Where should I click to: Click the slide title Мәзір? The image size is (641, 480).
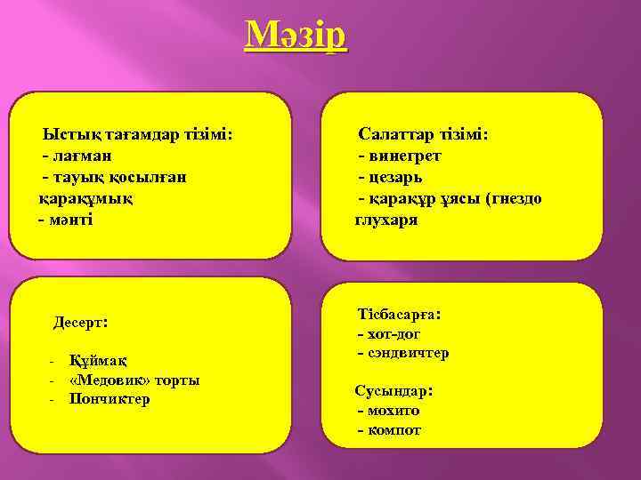click(x=297, y=37)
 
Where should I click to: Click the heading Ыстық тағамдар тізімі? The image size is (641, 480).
click(x=138, y=135)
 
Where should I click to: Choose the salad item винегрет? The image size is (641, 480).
click(x=404, y=156)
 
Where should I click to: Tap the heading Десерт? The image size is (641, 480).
click(x=81, y=321)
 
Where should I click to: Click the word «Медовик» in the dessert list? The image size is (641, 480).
click(x=109, y=380)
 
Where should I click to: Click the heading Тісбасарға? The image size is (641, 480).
click(x=400, y=315)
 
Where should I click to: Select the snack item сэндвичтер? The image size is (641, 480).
click(x=408, y=354)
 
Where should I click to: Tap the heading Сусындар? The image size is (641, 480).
click(x=394, y=391)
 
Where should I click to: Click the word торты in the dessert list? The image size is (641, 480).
click(x=176, y=380)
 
